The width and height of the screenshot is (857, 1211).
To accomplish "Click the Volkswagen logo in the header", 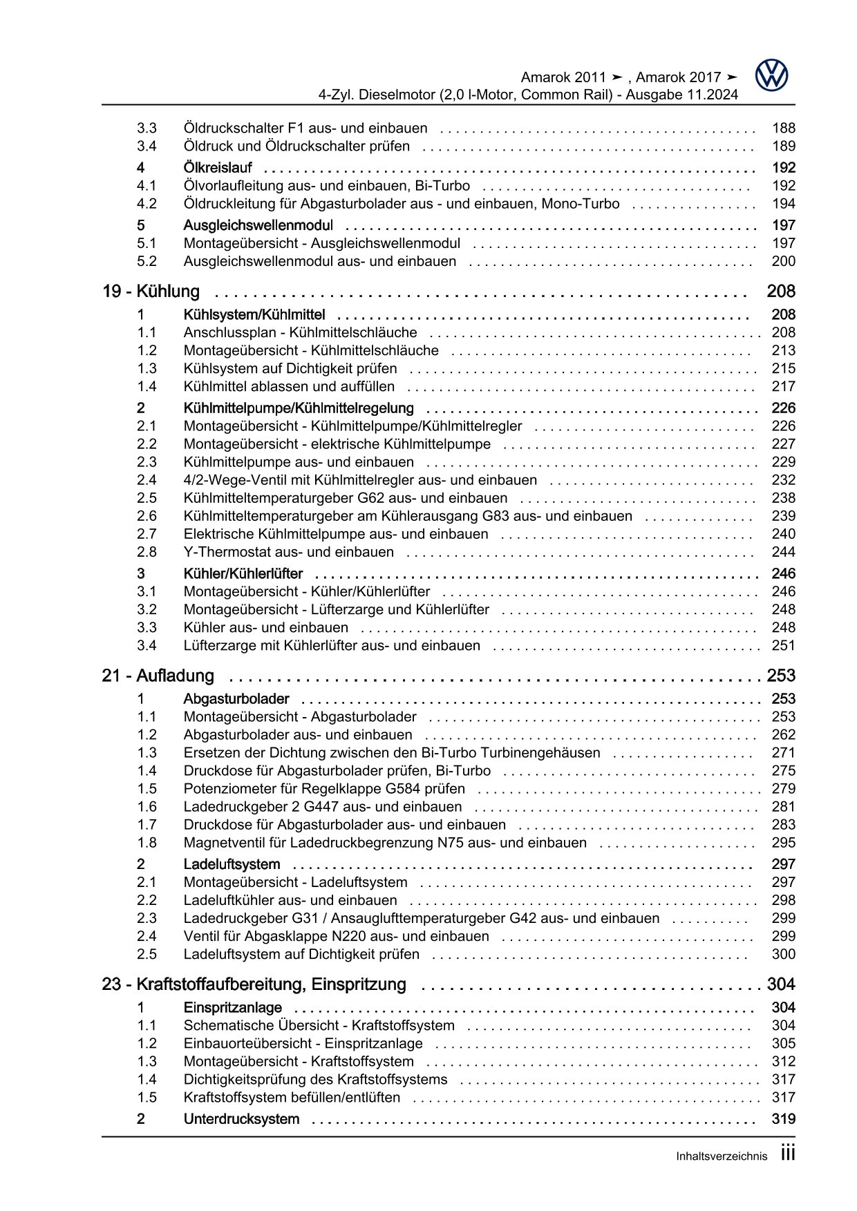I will click(x=771, y=75).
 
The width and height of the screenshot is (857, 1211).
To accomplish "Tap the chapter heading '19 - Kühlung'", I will click(x=151, y=292).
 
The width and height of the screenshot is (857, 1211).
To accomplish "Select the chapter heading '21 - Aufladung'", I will click(x=158, y=676).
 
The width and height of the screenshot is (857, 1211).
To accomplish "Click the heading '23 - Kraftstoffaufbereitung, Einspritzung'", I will click(x=254, y=984).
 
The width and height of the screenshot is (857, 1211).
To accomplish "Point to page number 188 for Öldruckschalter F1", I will click(x=783, y=128).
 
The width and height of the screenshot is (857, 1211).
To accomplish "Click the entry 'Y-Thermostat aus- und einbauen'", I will click(x=288, y=552).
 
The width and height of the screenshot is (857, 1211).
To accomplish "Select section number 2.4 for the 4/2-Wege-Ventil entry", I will click(x=147, y=480).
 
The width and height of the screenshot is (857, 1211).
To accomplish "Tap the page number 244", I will click(x=783, y=552).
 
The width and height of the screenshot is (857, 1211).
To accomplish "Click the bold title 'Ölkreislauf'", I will click(x=218, y=168).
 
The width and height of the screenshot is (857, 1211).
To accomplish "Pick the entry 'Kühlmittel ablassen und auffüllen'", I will click(x=289, y=387).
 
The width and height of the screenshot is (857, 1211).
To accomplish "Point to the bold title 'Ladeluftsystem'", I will click(x=232, y=864).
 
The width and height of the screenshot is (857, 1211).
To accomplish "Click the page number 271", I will click(x=783, y=753).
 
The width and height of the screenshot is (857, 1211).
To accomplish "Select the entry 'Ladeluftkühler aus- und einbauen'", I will click(x=290, y=900).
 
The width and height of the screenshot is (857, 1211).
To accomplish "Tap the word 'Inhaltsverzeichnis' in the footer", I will click(x=722, y=1156).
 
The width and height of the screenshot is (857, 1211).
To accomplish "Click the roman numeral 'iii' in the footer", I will click(x=788, y=1154).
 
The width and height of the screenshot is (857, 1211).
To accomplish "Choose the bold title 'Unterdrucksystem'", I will click(x=241, y=1119).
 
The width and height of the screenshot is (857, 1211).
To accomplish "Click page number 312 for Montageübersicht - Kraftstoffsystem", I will click(x=783, y=1062).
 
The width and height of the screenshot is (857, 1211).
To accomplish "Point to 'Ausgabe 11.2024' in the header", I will click(x=681, y=95).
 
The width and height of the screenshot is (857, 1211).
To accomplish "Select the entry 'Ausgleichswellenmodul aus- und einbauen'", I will click(x=319, y=261).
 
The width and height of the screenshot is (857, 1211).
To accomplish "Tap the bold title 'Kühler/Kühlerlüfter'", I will click(x=243, y=573).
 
